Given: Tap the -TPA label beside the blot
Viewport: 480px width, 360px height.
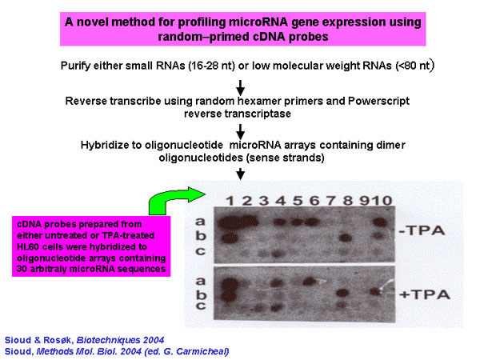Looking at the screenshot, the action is click(x=422, y=230).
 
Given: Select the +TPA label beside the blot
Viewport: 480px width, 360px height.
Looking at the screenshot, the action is click(x=425, y=294).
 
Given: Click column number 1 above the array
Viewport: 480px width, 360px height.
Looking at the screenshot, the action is click(x=230, y=201).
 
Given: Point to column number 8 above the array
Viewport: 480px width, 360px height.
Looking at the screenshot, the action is click(x=348, y=201).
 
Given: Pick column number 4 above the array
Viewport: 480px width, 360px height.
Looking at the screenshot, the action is click(x=281, y=201).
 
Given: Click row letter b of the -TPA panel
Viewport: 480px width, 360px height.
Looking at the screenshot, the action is click(x=201, y=235).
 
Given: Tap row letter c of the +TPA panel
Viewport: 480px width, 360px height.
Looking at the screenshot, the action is click(x=201, y=306).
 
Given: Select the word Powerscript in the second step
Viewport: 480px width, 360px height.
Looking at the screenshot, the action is click(x=378, y=101).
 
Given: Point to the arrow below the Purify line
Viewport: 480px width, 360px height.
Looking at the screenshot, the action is click(x=241, y=88).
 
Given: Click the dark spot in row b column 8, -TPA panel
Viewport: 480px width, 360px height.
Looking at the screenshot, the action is click(x=346, y=238).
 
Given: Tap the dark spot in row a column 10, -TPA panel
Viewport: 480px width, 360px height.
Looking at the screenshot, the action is click(x=381, y=222).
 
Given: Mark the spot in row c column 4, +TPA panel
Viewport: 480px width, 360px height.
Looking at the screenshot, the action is click(x=277, y=307).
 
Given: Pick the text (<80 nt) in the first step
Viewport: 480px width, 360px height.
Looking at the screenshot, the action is click(x=414, y=66).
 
